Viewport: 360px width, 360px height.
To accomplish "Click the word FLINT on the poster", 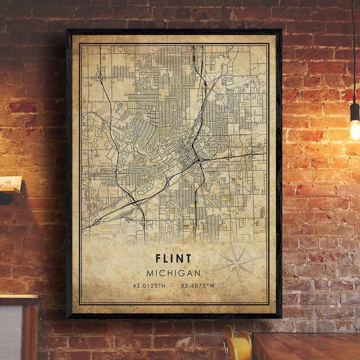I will [x=173, y=259].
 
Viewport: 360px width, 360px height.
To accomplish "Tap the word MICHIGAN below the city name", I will [x=173, y=273].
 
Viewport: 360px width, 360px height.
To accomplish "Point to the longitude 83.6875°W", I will [x=199, y=286].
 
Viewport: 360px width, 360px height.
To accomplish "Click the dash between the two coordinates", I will [x=173, y=286].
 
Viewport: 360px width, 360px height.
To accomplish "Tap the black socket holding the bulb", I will [x=355, y=111].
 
